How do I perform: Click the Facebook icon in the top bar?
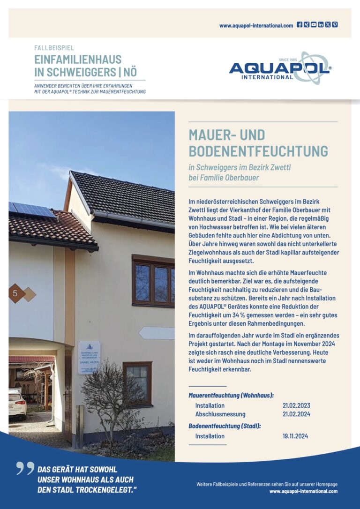pos(300,25)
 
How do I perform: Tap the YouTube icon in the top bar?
pos(314,25)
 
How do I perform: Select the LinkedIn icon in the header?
pos(321,25)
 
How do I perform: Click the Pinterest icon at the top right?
pos(335,25)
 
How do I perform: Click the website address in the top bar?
pos(256,26)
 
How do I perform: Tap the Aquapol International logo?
pos(280,69)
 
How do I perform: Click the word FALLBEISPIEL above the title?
pos(54,48)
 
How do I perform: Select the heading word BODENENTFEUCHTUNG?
pos(258,151)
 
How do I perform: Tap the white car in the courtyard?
pos(17,403)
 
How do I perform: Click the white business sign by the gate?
pos(89,357)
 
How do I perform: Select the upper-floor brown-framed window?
pos(153,281)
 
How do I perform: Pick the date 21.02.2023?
pos(296,405)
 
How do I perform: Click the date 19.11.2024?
pos(296,436)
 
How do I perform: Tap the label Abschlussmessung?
pos(220,414)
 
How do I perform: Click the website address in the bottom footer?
pos(303,491)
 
